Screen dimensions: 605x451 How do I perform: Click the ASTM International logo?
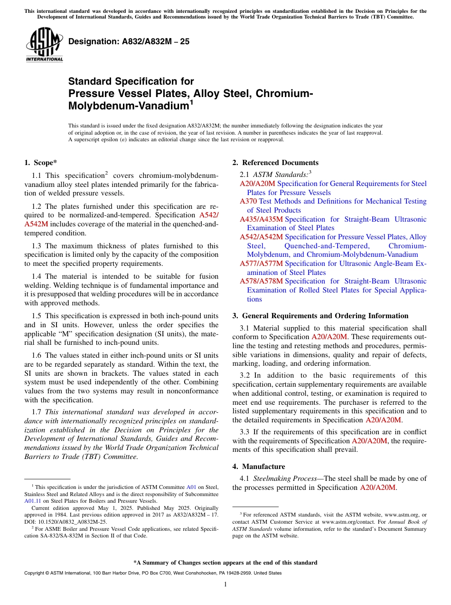coord(44,45)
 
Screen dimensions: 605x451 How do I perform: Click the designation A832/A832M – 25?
coord(129,42)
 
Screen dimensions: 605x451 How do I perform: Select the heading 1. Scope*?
coord(41,163)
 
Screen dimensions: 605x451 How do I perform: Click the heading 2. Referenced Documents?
coord(275,163)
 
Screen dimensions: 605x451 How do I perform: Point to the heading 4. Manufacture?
coord(259,467)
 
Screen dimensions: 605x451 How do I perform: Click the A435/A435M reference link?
coord(261,219)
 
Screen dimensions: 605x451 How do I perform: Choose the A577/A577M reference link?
coord(261,263)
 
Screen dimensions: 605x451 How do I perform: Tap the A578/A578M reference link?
coord(261,282)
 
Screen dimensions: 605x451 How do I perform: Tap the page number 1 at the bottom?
coord(225,585)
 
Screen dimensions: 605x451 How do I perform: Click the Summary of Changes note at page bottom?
coord(225,563)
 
